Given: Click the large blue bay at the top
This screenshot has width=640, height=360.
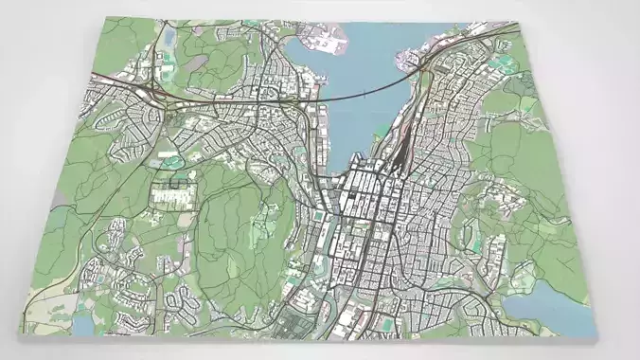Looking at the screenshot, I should click(x=364, y=66).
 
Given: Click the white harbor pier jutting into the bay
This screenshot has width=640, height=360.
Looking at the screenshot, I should click(x=323, y=42).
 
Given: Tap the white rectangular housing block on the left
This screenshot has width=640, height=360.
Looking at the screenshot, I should click(x=172, y=194).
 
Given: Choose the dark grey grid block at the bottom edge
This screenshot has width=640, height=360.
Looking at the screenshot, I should click(x=303, y=328).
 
